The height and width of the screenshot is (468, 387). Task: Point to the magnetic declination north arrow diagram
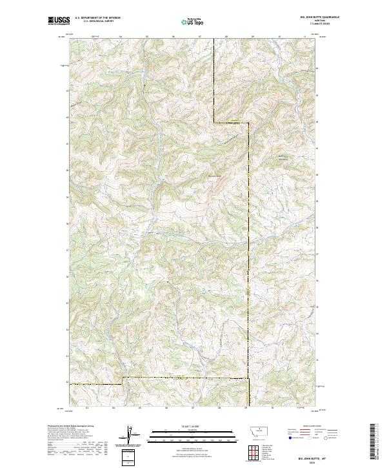tap(129, 436)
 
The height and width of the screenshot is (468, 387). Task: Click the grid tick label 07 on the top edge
tap(200, 37)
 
